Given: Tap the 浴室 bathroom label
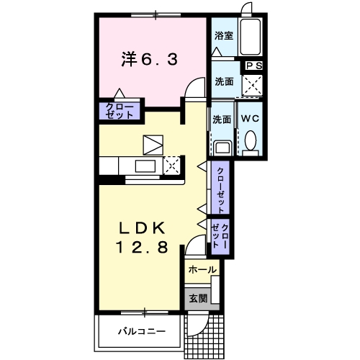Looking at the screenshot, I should [x=223, y=35].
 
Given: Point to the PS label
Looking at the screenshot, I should [x=254, y=66].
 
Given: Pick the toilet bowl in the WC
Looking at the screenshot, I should [x=250, y=140].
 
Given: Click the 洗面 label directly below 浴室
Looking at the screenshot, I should [x=224, y=82].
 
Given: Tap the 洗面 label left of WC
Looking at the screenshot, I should [x=222, y=120].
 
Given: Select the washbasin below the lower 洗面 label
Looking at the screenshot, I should [x=222, y=147].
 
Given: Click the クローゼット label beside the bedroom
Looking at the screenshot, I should [x=120, y=112].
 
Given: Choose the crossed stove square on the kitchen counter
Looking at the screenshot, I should [x=173, y=166].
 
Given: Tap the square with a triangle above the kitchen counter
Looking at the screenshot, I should [x=153, y=144].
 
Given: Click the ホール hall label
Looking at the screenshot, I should [x=202, y=269].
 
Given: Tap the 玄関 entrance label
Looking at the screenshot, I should [x=198, y=298].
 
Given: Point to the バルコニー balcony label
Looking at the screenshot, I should [x=143, y=332].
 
